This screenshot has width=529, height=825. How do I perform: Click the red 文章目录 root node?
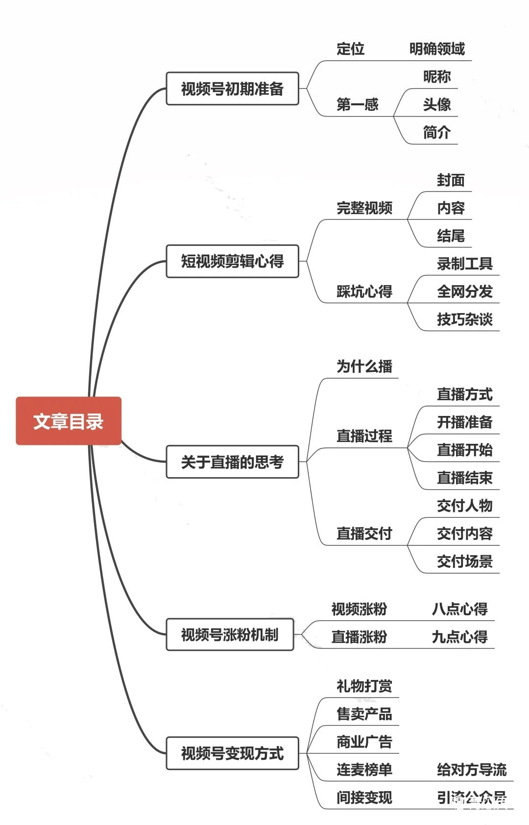(x=69, y=421)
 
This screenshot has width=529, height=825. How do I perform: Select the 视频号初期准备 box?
(x=232, y=89)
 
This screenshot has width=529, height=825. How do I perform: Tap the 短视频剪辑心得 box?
(x=232, y=261)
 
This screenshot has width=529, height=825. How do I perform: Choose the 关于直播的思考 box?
(x=232, y=461)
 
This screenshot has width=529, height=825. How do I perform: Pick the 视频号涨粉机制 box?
(x=230, y=634)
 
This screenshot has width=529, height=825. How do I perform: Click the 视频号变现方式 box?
(x=232, y=753)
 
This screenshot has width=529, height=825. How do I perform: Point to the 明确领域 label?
(x=437, y=49)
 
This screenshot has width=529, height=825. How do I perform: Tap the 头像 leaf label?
(x=437, y=104)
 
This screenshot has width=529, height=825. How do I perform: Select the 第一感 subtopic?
(x=357, y=104)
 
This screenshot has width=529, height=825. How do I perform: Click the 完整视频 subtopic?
(x=364, y=208)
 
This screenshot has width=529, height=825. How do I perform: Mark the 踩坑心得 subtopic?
(x=364, y=291)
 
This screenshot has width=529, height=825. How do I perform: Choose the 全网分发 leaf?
(x=464, y=291)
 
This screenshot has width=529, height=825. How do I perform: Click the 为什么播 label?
(x=364, y=366)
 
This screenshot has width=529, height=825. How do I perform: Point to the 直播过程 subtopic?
(x=364, y=436)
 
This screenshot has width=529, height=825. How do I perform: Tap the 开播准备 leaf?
(x=464, y=422)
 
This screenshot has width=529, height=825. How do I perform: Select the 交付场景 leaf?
(x=464, y=561)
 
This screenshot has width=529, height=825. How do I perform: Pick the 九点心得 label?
(x=459, y=637)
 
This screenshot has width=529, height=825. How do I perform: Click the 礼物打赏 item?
(x=364, y=686)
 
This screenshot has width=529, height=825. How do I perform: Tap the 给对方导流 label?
(x=471, y=770)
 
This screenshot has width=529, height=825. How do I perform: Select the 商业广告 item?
(x=364, y=742)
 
